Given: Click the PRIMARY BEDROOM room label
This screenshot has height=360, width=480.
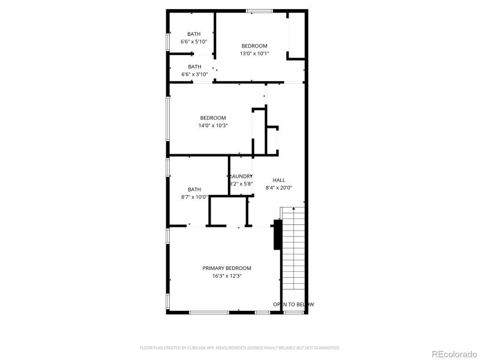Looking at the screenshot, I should tap(227, 268).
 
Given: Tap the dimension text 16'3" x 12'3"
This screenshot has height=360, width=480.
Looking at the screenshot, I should tap(227, 276).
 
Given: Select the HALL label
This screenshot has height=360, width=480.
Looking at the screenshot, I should tap(279, 180).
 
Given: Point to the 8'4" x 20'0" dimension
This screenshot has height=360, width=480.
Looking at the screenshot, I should tap(279, 187).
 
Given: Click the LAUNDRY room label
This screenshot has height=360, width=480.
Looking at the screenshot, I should tap(241, 176).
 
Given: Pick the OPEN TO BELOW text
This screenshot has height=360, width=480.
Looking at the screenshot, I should tap(293, 304).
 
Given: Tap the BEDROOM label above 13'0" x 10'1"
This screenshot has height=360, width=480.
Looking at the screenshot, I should tap(254, 46).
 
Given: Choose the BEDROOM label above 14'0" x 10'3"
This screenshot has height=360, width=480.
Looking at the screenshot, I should tap(213, 118).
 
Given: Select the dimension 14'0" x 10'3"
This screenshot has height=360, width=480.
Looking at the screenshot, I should tap(213, 125).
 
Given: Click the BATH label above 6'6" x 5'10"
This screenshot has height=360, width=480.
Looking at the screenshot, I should tap(194, 34).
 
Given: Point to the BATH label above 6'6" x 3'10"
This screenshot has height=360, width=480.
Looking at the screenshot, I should tap(194, 67).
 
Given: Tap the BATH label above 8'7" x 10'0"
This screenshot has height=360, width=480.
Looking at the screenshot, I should tap(194, 189).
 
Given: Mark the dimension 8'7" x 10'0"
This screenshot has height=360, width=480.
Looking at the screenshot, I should tap(194, 197).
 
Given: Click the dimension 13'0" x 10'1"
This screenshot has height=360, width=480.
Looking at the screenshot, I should tap(254, 53).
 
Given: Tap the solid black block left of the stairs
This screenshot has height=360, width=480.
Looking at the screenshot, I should tap(277, 234).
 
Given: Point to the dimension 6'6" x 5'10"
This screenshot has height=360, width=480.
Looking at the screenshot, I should tap(194, 41).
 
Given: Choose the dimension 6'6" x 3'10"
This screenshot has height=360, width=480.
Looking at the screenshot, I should tap(194, 74).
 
